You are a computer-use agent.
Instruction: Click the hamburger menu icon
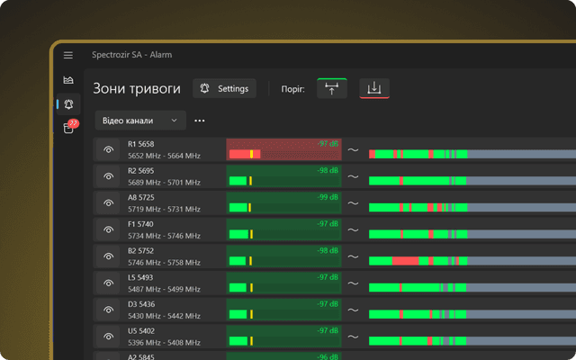(68, 55)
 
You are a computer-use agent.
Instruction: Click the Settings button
(225, 88)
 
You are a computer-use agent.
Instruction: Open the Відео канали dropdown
(139, 120)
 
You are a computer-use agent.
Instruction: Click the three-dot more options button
(199, 120)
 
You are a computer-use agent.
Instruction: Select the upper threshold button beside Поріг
(332, 88)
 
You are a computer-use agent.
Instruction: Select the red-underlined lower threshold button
(374, 88)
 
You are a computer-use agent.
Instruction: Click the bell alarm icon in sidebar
(68, 104)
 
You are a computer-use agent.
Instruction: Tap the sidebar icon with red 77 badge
(68, 128)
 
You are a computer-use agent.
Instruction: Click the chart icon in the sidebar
(68, 80)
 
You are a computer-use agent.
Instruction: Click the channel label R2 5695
(140, 170)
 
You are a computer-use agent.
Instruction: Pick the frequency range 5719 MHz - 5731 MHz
(164, 209)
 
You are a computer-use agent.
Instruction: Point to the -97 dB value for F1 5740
(327, 222)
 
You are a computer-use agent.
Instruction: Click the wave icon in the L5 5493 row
(354, 283)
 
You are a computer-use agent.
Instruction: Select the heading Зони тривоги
(137, 89)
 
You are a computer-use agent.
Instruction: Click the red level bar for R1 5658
(244, 155)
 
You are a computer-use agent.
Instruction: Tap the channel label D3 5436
(141, 303)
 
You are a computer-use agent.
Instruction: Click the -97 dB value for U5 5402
(327, 329)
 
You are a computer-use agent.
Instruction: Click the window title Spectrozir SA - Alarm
(131, 55)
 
